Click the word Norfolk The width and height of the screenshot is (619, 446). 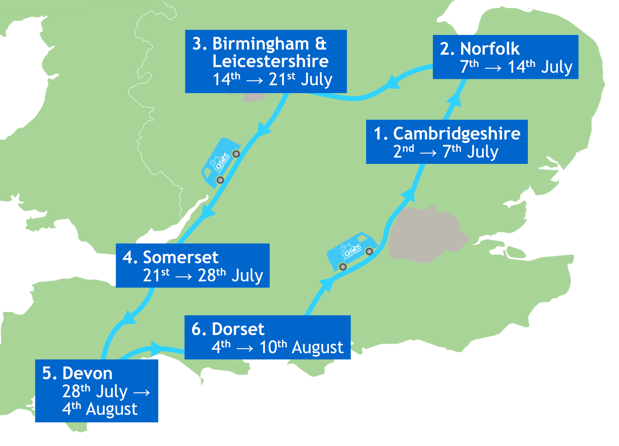[489, 49]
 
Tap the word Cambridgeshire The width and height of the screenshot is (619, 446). [456, 134]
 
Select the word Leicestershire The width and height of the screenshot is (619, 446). [270, 61]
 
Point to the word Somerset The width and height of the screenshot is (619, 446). [180, 257]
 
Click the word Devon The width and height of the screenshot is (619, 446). [87, 373]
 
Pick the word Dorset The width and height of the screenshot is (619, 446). [238, 329]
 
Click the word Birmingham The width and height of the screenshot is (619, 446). [261, 43]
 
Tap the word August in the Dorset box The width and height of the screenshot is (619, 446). [317, 347]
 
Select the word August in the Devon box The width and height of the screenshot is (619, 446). [112, 409]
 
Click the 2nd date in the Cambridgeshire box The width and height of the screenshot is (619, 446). [403, 151]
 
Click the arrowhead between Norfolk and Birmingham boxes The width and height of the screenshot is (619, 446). [392, 82]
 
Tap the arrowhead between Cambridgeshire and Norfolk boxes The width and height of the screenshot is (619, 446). [454, 100]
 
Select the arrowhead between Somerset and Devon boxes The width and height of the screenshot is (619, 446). [128, 318]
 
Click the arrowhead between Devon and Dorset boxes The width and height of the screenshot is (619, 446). [156, 348]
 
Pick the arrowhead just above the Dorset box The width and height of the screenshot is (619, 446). [327, 284]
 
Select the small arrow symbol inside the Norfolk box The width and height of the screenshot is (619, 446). [493, 68]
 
